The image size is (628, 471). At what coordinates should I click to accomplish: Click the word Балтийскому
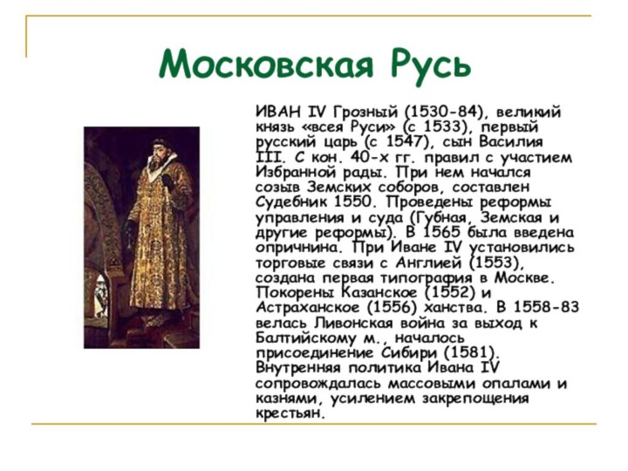coord(305,338)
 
